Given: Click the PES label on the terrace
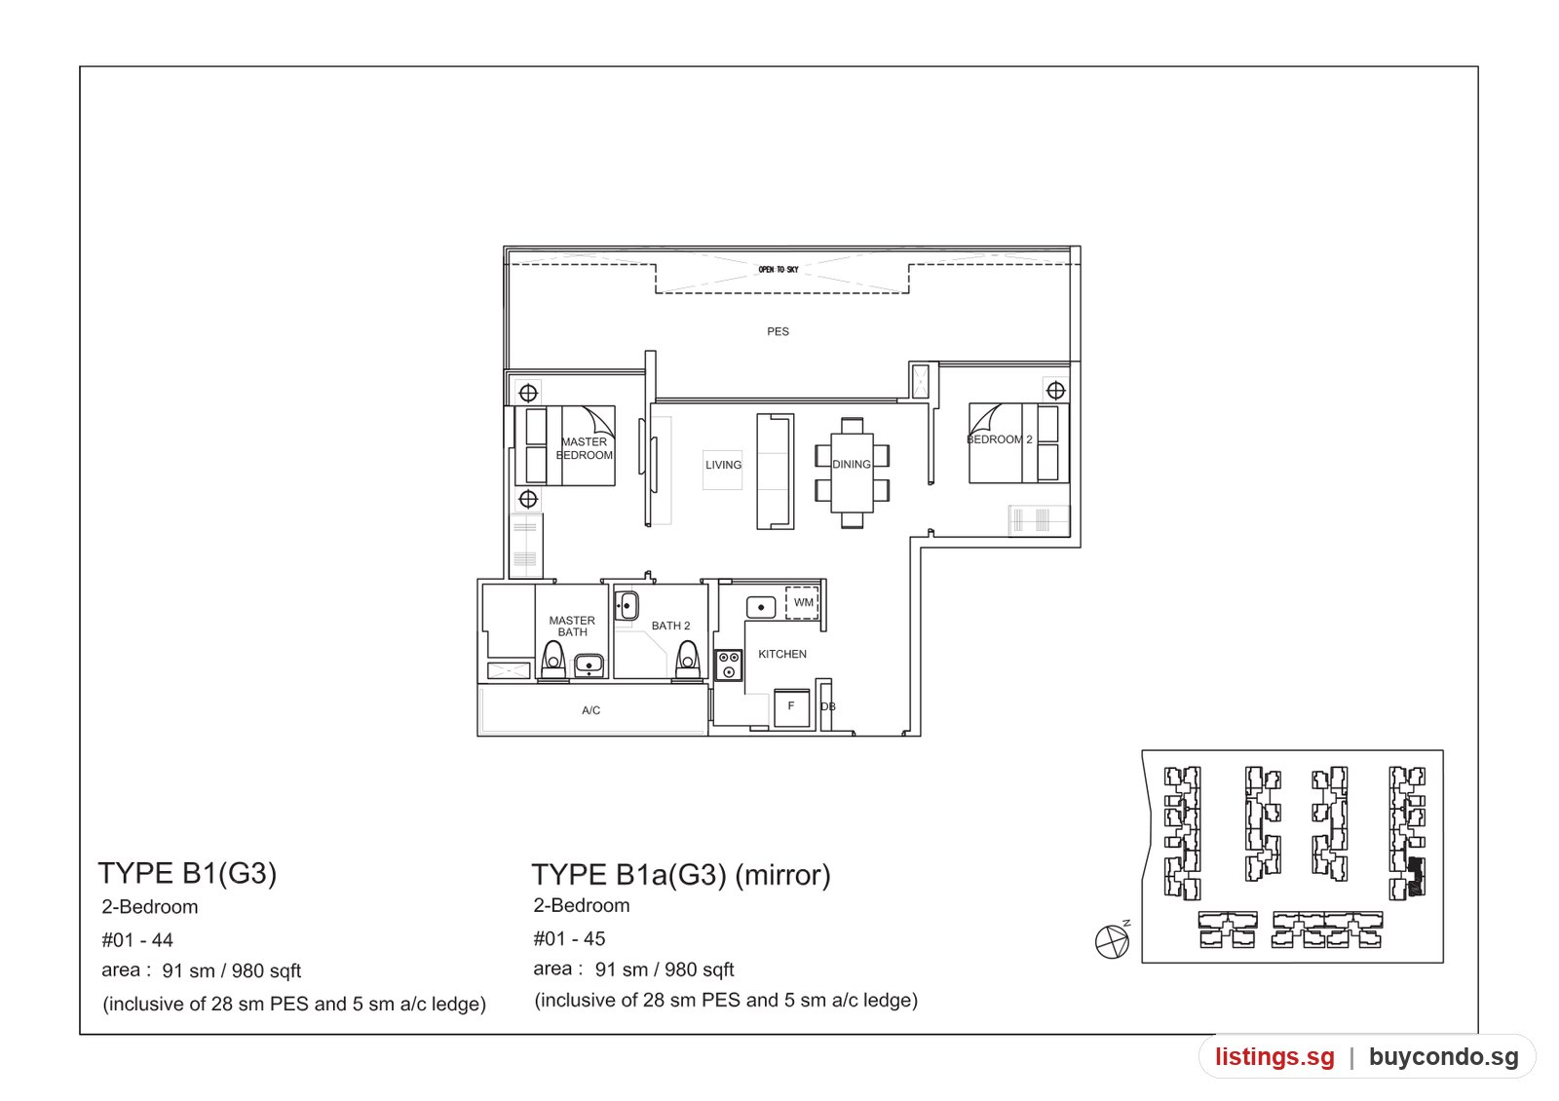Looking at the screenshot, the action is coord(778,332).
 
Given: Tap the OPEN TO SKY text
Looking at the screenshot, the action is coord(779,269).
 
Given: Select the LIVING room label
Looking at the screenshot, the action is coord(723,465).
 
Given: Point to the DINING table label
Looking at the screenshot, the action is coord(852,464).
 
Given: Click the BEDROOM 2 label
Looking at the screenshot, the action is coord(1000,439).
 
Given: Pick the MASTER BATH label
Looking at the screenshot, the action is coord(572,626).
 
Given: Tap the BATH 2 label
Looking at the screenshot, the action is coord(671,626).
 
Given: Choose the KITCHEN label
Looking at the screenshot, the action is coord(782,654).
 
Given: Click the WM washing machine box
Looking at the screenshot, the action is coord(803,603).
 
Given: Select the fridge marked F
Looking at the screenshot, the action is coord(791,707).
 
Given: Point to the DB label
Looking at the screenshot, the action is coord(827,706).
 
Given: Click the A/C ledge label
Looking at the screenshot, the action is coord(590,710).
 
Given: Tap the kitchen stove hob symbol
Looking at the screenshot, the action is coord(729,664).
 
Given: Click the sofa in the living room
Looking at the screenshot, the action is coord(776,472).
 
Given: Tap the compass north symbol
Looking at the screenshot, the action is coord(1112,941).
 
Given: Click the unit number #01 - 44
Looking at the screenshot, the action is coord(137,940).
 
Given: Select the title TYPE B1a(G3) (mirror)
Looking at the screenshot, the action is coord(681,875).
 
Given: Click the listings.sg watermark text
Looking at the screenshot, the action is coord(1274,1056).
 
